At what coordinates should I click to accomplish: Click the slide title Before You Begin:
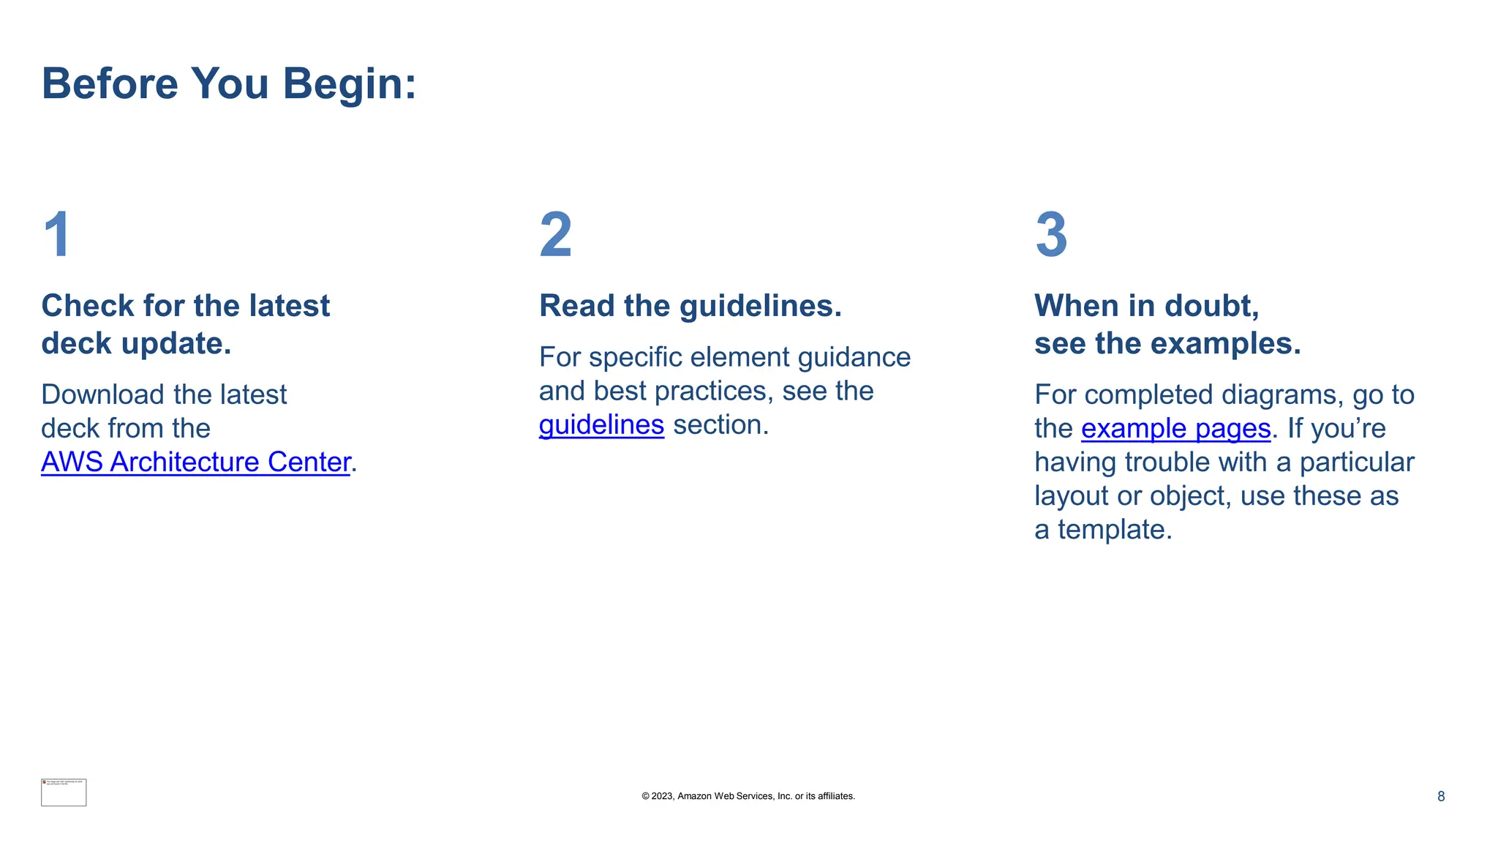click(229, 83)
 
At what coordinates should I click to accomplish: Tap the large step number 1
click(57, 235)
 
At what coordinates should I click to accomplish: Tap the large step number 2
click(555, 235)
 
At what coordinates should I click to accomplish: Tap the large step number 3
click(1051, 235)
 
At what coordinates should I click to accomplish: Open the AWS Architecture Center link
click(195, 462)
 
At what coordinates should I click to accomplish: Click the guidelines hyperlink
click(601, 425)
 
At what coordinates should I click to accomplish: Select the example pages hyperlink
click(1175, 429)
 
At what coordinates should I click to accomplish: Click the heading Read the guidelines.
click(690, 306)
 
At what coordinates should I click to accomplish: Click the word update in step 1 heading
click(176, 344)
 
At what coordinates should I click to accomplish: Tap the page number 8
click(1440, 796)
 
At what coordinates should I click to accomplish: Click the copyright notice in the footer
click(748, 796)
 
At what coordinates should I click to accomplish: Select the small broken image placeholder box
click(64, 793)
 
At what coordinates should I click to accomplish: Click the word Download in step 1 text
click(102, 395)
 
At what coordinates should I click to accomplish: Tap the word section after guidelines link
click(720, 425)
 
